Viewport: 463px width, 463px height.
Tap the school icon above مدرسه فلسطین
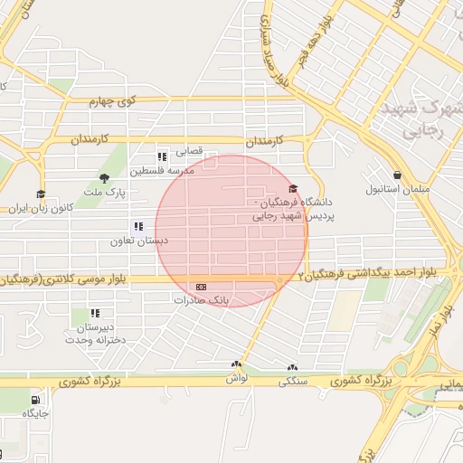[x=162, y=156]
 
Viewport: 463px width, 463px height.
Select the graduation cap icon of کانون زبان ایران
[x=40, y=194]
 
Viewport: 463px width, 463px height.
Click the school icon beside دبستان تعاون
[x=138, y=227]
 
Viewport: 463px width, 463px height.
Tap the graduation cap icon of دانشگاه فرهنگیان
[x=292, y=189]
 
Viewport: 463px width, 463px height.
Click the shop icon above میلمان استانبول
[x=396, y=175]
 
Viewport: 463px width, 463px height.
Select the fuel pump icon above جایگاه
[x=35, y=400]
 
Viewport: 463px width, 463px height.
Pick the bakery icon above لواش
[x=237, y=364]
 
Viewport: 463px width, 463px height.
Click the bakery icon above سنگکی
[x=291, y=368]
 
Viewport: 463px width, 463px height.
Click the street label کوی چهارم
[x=111, y=102]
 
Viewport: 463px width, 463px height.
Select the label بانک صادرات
[x=203, y=298]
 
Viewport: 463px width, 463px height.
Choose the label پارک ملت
[x=105, y=192]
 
